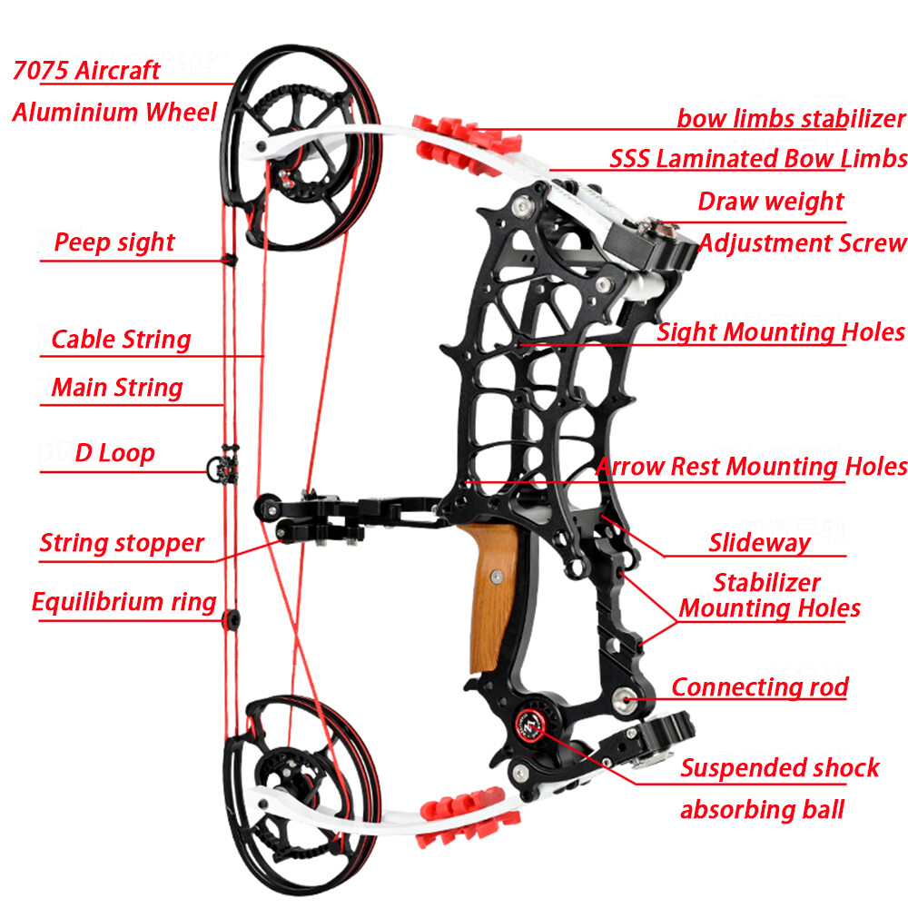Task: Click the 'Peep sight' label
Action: pos(114,243)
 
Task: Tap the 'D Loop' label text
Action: pos(114,453)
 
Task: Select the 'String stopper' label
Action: pos(122,544)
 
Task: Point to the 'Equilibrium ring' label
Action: pos(124,602)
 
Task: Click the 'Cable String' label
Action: pos(121,340)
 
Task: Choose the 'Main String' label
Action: pos(117,388)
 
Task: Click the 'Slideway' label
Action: pos(759,543)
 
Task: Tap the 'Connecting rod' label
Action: pos(760,687)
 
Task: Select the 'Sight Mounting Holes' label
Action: pos(781,332)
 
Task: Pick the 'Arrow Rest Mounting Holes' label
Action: pos(751,467)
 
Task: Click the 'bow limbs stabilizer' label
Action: pos(791,118)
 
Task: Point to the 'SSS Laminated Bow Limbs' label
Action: pos(758,159)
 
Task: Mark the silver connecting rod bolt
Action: pos(623,697)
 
